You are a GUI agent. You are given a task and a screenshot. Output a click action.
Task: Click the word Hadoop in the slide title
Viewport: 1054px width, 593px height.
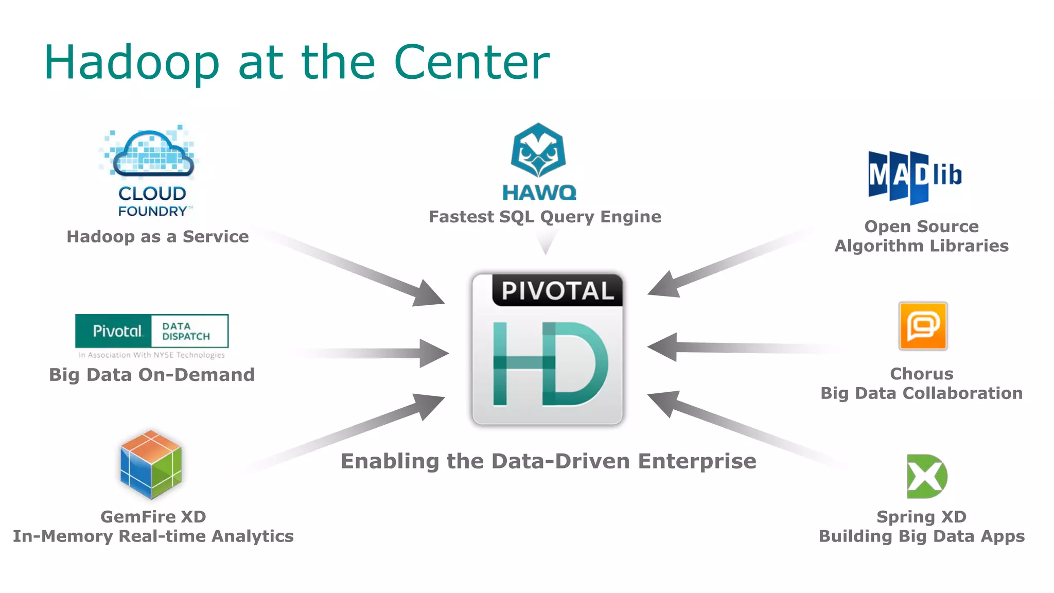(x=132, y=63)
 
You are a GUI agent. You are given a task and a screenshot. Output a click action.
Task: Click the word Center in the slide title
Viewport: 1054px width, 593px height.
(x=471, y=63)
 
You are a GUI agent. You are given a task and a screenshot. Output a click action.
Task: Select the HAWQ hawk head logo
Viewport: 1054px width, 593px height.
(x=538, y=150)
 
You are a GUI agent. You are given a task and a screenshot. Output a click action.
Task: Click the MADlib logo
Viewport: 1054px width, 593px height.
(x=914, y=177)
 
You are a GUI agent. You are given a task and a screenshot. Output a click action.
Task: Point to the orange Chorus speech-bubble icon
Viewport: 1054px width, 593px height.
(x=923, y=326)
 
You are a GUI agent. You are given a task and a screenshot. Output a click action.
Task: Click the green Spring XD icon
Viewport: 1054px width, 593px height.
(x=926, y=476)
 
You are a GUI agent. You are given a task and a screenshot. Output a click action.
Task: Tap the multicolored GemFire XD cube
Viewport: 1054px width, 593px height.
(x=151, y=465)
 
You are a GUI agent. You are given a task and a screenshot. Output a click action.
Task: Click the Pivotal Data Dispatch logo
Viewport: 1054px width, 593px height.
(x=152, y=331)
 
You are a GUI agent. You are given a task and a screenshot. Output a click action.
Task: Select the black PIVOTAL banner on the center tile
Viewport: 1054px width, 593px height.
(x=557, y=290)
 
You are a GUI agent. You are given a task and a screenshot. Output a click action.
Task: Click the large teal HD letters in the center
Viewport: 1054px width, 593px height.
(x=549, y=363)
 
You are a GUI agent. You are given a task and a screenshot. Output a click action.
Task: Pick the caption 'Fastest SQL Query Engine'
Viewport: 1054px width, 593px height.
(x=545, y=217)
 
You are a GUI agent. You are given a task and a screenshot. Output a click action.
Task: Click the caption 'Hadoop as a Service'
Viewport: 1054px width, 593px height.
(x=157, y=236)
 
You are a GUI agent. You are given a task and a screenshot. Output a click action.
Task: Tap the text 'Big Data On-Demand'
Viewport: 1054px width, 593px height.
(x=152, y=375)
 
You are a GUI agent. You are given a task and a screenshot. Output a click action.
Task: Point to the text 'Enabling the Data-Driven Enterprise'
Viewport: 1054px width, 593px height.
(x=549, y=461)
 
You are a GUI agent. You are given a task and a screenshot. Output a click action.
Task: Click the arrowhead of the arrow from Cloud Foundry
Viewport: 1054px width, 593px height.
(x=429, y=295)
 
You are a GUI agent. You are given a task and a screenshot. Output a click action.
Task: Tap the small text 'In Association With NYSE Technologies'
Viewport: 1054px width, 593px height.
(x=152, y=355)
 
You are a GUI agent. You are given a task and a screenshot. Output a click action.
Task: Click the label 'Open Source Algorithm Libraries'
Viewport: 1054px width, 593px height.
(x=921, y=236)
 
